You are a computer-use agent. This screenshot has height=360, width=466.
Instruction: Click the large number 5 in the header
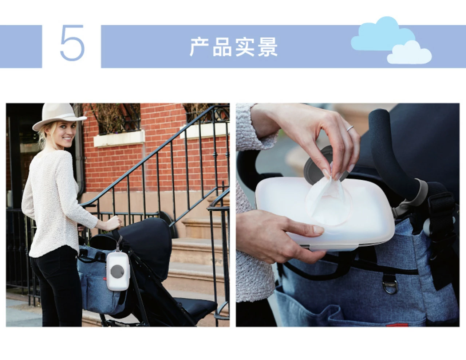click(x=72, y=43)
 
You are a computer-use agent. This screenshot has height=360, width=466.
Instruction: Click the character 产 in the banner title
click(x=200, y=47)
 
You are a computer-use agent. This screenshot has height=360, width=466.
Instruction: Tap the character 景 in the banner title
click(x=268, y=47)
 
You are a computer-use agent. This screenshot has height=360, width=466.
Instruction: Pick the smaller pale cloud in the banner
click(x=409, y=53)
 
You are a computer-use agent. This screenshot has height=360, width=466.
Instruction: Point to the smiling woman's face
click(x=67, y=134)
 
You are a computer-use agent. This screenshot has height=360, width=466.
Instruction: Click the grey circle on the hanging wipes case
click(x=117, y=271)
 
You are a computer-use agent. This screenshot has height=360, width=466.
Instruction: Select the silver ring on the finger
click(x=350, y=128)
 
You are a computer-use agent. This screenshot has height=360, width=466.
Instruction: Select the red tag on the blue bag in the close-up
click(x=397, y=325)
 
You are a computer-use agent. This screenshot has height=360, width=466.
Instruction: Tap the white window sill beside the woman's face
click(x=119, y=138)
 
